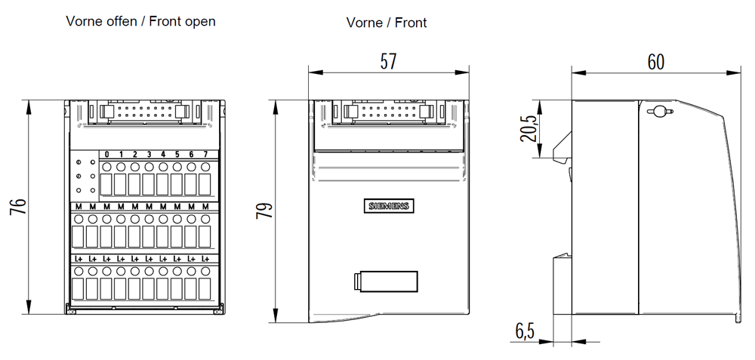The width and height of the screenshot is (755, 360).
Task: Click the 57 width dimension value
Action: point(388,62)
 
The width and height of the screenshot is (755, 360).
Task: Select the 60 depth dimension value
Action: point(656,62)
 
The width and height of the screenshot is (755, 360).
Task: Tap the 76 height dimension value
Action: point(18,207)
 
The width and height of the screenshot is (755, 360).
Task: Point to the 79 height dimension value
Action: point(263,211)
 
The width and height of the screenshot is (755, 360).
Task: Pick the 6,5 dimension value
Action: point(525,331)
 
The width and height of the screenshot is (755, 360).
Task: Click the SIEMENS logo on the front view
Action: point(388,206)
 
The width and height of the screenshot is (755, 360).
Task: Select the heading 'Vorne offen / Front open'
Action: point(140,22)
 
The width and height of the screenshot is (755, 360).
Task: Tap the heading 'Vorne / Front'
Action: point(387,23)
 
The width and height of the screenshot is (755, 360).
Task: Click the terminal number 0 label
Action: point(107,155)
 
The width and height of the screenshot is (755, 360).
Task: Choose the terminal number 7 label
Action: point(205,155)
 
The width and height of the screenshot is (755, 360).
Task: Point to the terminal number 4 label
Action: point(163,155)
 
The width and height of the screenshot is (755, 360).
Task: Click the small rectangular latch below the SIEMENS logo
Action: point(385,282)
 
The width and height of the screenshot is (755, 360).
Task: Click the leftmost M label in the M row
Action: point(79,207)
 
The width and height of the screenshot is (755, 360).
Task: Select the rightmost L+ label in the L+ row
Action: point(205,258)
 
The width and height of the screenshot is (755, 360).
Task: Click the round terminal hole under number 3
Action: point(149,167)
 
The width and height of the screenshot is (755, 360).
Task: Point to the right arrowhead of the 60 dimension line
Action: point(735,72)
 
